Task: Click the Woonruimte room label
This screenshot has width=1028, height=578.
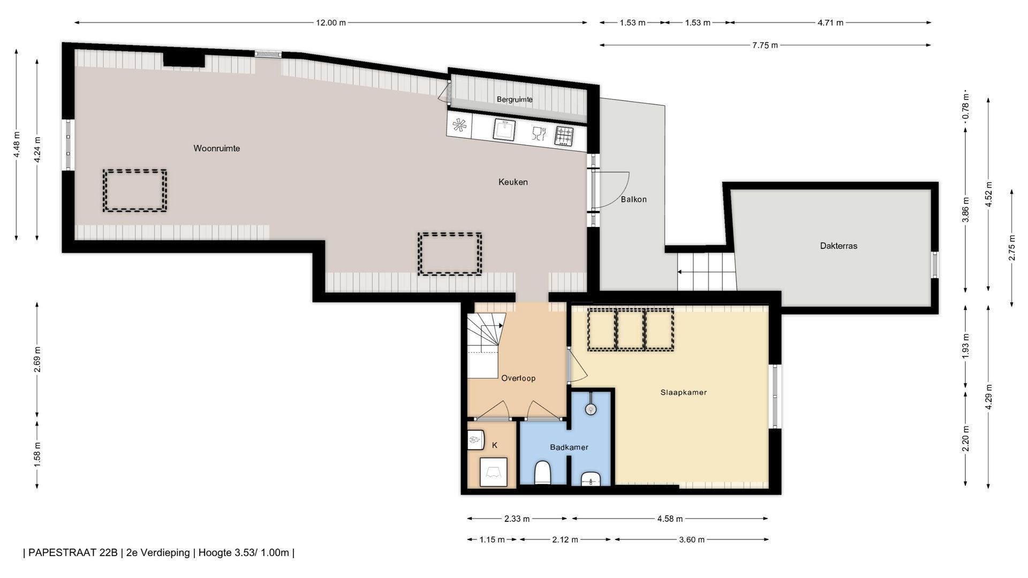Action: point(216,148)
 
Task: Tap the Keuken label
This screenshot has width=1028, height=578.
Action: point(513,182)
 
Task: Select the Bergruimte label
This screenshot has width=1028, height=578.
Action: point(515,99)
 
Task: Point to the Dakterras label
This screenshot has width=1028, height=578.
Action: point(838,246)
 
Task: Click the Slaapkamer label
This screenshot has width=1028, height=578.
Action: point(683,392)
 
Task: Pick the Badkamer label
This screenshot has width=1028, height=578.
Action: point(569,447)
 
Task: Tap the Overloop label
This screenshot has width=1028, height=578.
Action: point(518,378)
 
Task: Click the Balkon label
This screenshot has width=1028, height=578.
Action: point(633,199)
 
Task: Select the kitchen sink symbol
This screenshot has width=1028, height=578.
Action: point(504,130)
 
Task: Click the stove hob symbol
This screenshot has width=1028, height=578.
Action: point(564,136)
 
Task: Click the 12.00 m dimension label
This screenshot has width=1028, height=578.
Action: point(330,22)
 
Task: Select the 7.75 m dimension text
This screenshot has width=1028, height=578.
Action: point(765,45)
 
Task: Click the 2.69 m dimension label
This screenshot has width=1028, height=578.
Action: point(37,359)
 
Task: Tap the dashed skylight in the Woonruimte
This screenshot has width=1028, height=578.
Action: point(134,191)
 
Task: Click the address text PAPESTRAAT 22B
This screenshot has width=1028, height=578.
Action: point(73,552)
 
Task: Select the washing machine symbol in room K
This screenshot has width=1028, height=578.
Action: point(493,472)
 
